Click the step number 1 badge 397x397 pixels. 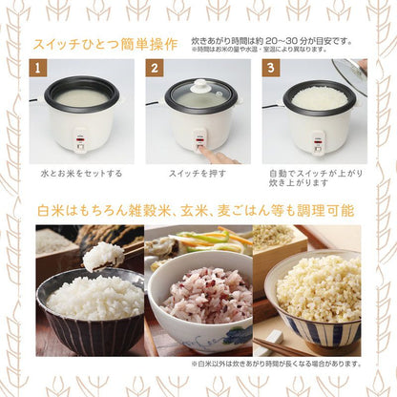click(39, 70)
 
